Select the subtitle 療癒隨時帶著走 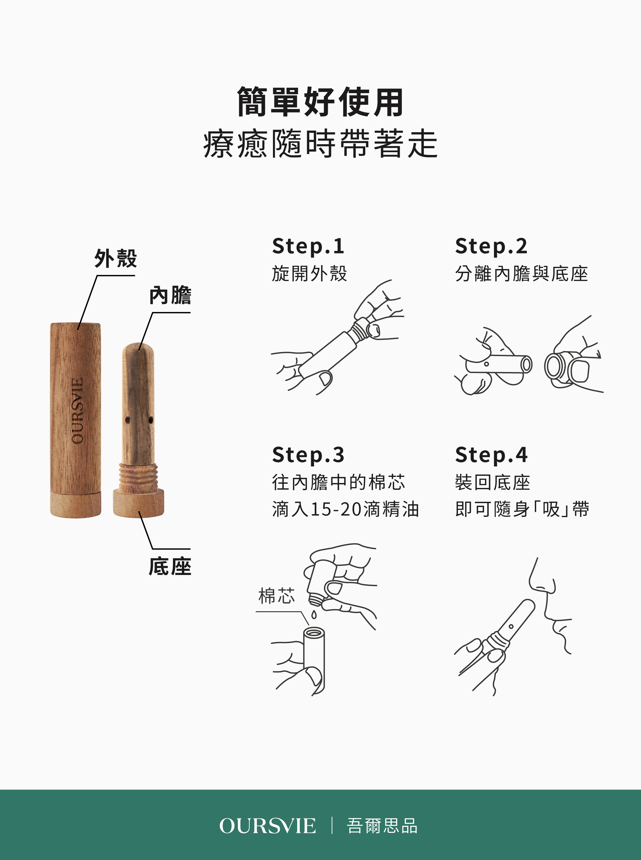pos(321,144)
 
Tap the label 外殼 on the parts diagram pos(116,258)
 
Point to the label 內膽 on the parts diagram pos(170,295)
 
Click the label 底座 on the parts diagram pos(170,566)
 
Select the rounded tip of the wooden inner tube pos(138,349)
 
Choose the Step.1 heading pos(308,247)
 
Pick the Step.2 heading pos(492,247)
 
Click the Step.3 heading pos(308,455)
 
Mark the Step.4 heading pos(492,455)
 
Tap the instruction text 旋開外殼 pos(310,274)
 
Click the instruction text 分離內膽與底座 pos(522,274)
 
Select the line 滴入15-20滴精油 pos(345,509)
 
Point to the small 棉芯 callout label pos(277,596)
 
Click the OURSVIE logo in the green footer pos(268,826)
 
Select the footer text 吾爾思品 pos(382,826)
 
